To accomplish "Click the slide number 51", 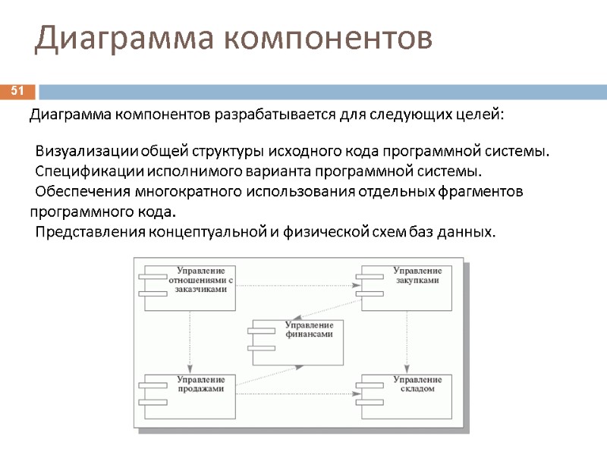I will (x=17, y=92).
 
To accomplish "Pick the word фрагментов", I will (x=481, y=190).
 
